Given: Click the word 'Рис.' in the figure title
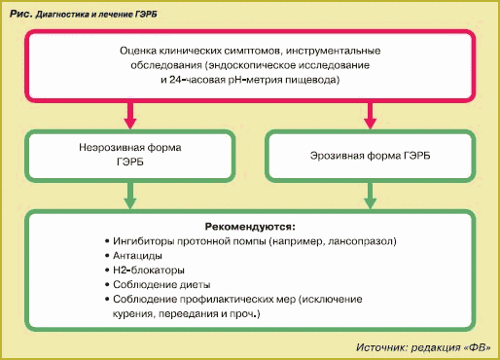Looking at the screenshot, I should point(19,15).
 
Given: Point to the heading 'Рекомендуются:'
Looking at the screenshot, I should point(250,226).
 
